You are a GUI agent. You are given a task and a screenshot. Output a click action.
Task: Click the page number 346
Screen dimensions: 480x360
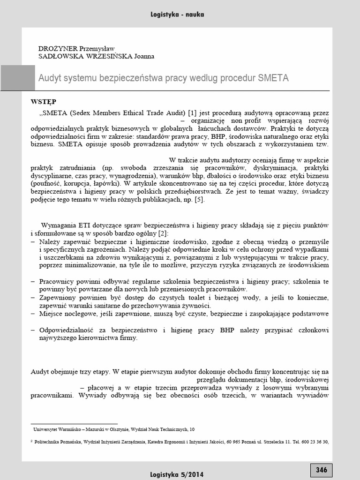[321, 470]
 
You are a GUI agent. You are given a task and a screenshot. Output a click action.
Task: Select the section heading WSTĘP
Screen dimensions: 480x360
[44, 102]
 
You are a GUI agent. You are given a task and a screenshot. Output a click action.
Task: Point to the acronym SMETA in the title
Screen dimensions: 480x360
[273, 78]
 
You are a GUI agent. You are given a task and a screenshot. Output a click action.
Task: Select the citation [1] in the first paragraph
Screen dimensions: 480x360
[192, 113]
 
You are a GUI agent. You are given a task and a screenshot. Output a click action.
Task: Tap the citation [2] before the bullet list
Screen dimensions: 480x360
[163, 233]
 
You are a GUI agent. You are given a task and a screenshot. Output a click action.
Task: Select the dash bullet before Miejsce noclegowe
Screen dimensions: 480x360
[33, 313]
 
